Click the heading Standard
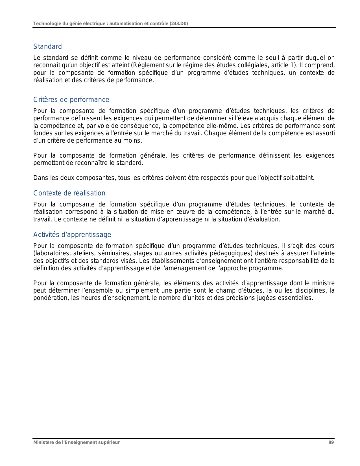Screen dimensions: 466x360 pos(47,47)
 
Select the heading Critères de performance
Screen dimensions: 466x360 pos(71,100)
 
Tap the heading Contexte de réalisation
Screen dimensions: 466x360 pos(69,193)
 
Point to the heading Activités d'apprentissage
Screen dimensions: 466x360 pos(72,235)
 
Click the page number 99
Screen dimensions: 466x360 pos(331,443)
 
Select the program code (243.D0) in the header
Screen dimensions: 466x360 pos(179,23)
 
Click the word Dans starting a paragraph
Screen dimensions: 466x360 pos(40,178)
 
